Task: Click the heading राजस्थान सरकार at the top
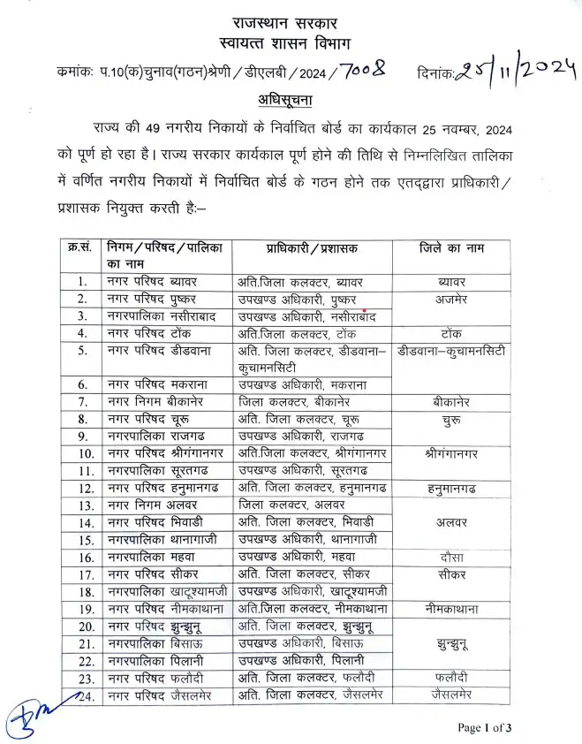coord(291,21)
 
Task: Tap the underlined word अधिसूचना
coord(291,97)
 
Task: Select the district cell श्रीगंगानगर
coord(452,453)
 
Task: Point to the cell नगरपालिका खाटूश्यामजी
coord(165,591)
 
